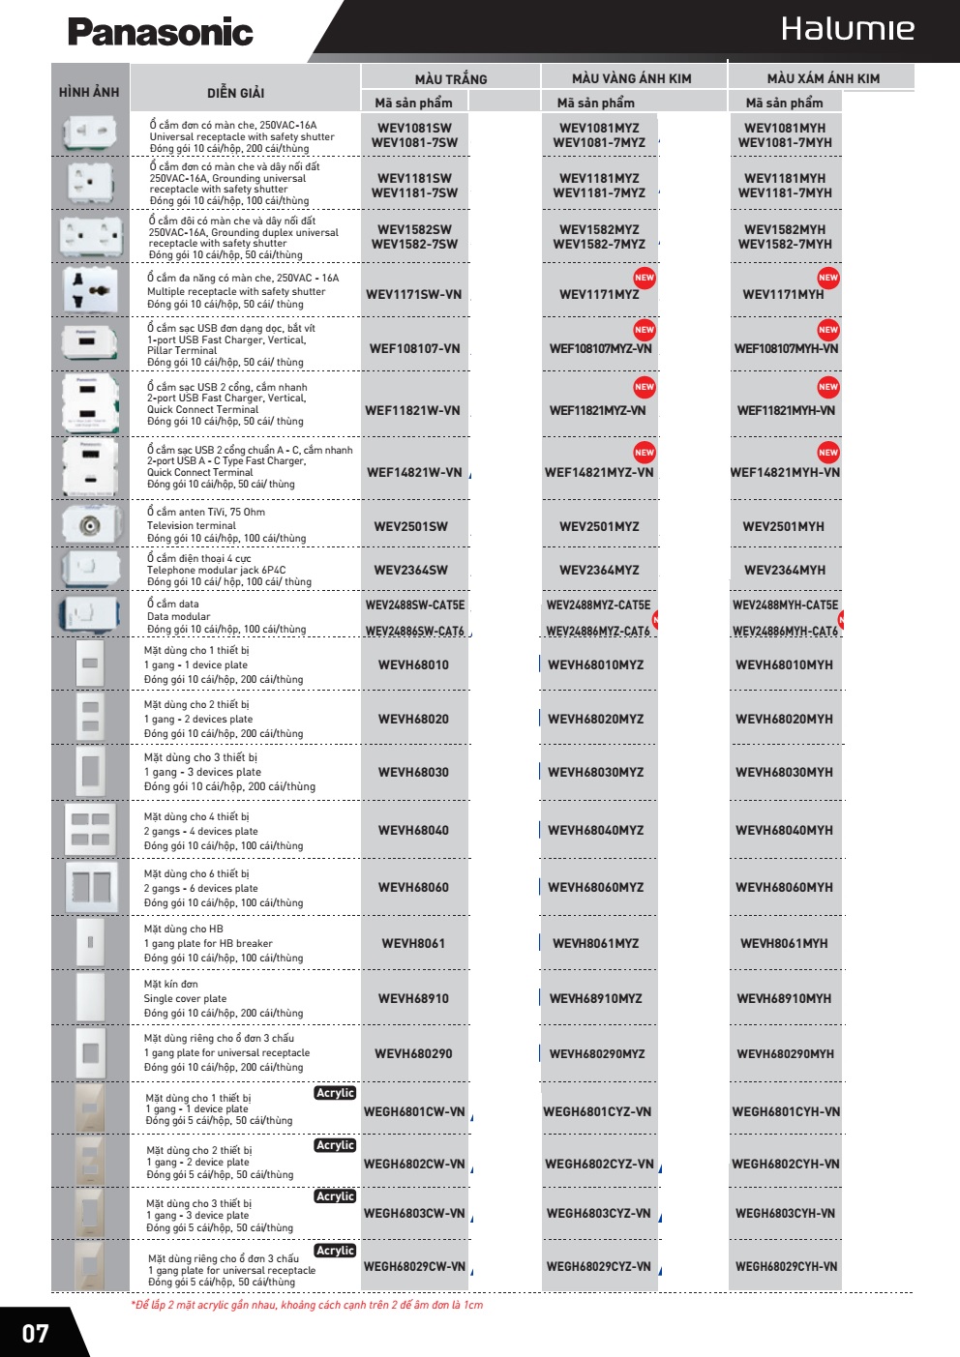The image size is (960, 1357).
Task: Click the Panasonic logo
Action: (160, 32)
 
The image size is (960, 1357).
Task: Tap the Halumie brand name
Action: (847, 29)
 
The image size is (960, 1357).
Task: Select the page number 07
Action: (36, 1334)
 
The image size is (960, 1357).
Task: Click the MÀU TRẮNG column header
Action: (451, 78)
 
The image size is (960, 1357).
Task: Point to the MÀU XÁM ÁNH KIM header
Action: (823, 78)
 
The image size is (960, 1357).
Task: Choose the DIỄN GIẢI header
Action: (235, 93)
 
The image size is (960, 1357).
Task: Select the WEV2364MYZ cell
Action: (599, 571)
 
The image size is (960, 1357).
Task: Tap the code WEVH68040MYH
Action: (784, 830)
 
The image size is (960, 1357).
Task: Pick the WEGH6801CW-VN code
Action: (414, 1112)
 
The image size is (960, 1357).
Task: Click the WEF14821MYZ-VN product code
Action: (599, 473)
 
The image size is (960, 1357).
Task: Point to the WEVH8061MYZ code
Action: (595, 944)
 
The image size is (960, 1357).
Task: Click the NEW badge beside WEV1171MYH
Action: (828, 278)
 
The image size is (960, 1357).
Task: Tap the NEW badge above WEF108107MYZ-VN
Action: (645, 330)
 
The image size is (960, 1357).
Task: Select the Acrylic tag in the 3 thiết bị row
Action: (335, 1196)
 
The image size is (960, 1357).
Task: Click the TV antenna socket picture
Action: (91, 525)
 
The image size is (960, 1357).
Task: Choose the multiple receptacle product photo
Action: (90, 290)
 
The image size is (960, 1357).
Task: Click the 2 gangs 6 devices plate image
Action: (90, 887)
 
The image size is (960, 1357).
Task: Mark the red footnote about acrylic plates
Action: (307, 1305)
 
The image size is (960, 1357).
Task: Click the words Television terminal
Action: (192, 526)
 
